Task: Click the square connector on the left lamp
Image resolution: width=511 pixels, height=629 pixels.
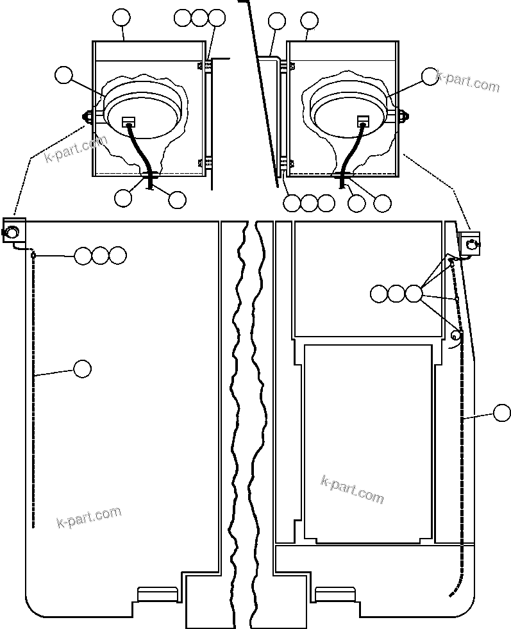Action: pos(128,121)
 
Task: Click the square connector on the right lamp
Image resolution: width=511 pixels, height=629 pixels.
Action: pos(364,121)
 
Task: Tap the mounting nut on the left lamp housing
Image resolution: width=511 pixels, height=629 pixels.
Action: pos(85,117)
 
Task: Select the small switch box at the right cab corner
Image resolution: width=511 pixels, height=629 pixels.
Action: pos(470,242)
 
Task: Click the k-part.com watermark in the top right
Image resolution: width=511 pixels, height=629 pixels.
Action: pos(467,82)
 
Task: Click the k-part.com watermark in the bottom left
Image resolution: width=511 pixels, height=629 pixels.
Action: pos(89,516)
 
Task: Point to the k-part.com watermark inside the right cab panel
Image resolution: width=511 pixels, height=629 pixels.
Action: pos(352,490)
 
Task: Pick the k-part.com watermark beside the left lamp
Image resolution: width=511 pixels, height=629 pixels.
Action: pos(76,149)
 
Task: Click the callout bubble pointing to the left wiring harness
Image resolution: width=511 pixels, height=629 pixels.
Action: pos(82,369)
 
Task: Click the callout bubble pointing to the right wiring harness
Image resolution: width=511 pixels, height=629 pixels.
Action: pos(502,413)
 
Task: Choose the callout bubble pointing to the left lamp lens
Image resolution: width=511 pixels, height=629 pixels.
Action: pos(63,75)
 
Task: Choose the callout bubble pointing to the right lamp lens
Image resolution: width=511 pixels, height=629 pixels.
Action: pos(430,76)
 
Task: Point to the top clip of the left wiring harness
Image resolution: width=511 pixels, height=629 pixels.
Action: pos(32,255)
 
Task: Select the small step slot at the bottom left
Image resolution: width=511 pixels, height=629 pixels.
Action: pos(157,594)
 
